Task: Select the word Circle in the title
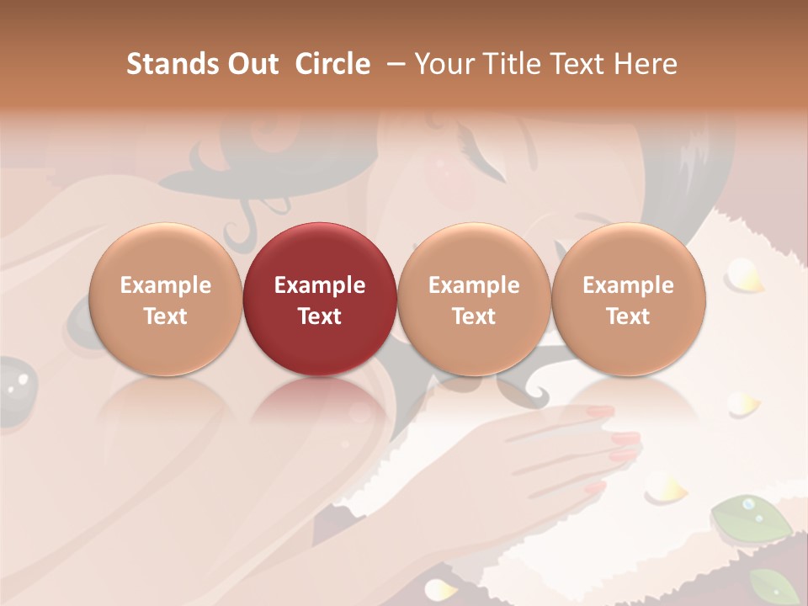332,65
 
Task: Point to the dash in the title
393,65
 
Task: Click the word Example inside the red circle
320,285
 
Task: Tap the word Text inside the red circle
320,316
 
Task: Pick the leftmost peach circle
165,300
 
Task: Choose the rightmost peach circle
629,300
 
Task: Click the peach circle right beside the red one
474,300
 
